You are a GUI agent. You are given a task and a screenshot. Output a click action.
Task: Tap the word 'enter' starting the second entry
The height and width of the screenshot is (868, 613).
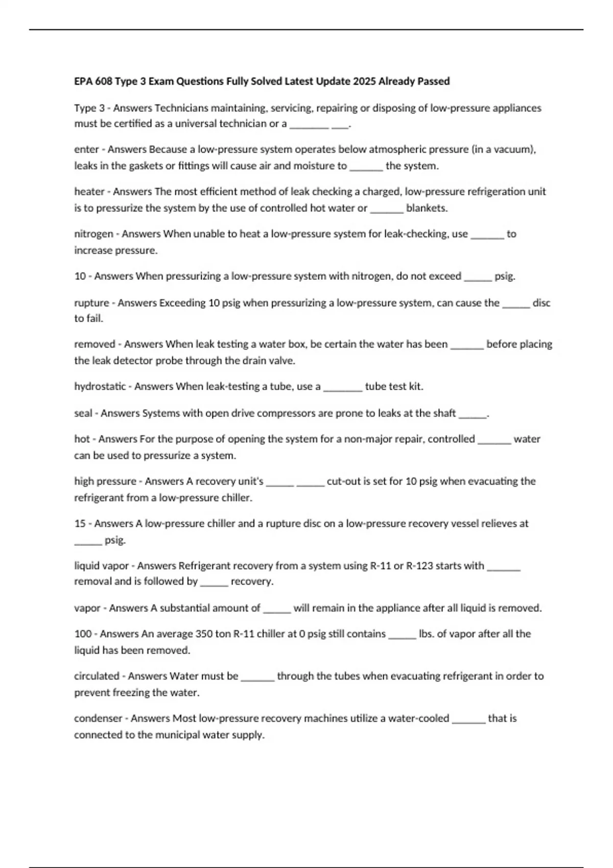point(86,150)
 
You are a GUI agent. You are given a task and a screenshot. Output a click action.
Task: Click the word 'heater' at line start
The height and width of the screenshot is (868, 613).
point(89,191)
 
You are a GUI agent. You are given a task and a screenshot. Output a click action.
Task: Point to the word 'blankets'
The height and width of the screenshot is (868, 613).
point(426,208)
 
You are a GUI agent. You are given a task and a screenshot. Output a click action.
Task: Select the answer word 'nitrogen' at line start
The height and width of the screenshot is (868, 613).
point(93,234)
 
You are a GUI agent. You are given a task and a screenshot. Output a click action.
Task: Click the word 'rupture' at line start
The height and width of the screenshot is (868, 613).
point(91,303)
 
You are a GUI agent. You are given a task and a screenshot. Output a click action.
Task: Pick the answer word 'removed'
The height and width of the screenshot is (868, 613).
point(95,344)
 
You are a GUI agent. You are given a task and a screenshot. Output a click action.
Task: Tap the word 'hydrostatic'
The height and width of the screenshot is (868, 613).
point(100,387)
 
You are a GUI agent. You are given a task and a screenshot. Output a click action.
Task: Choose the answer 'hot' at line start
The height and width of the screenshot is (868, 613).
point(82,439)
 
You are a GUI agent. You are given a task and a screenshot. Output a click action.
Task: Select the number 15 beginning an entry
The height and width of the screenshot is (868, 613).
point(80,523)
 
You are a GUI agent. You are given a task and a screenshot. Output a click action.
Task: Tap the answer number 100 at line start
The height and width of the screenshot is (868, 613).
point(83,634)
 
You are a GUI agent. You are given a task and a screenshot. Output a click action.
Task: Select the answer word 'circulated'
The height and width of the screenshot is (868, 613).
point(97,676)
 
